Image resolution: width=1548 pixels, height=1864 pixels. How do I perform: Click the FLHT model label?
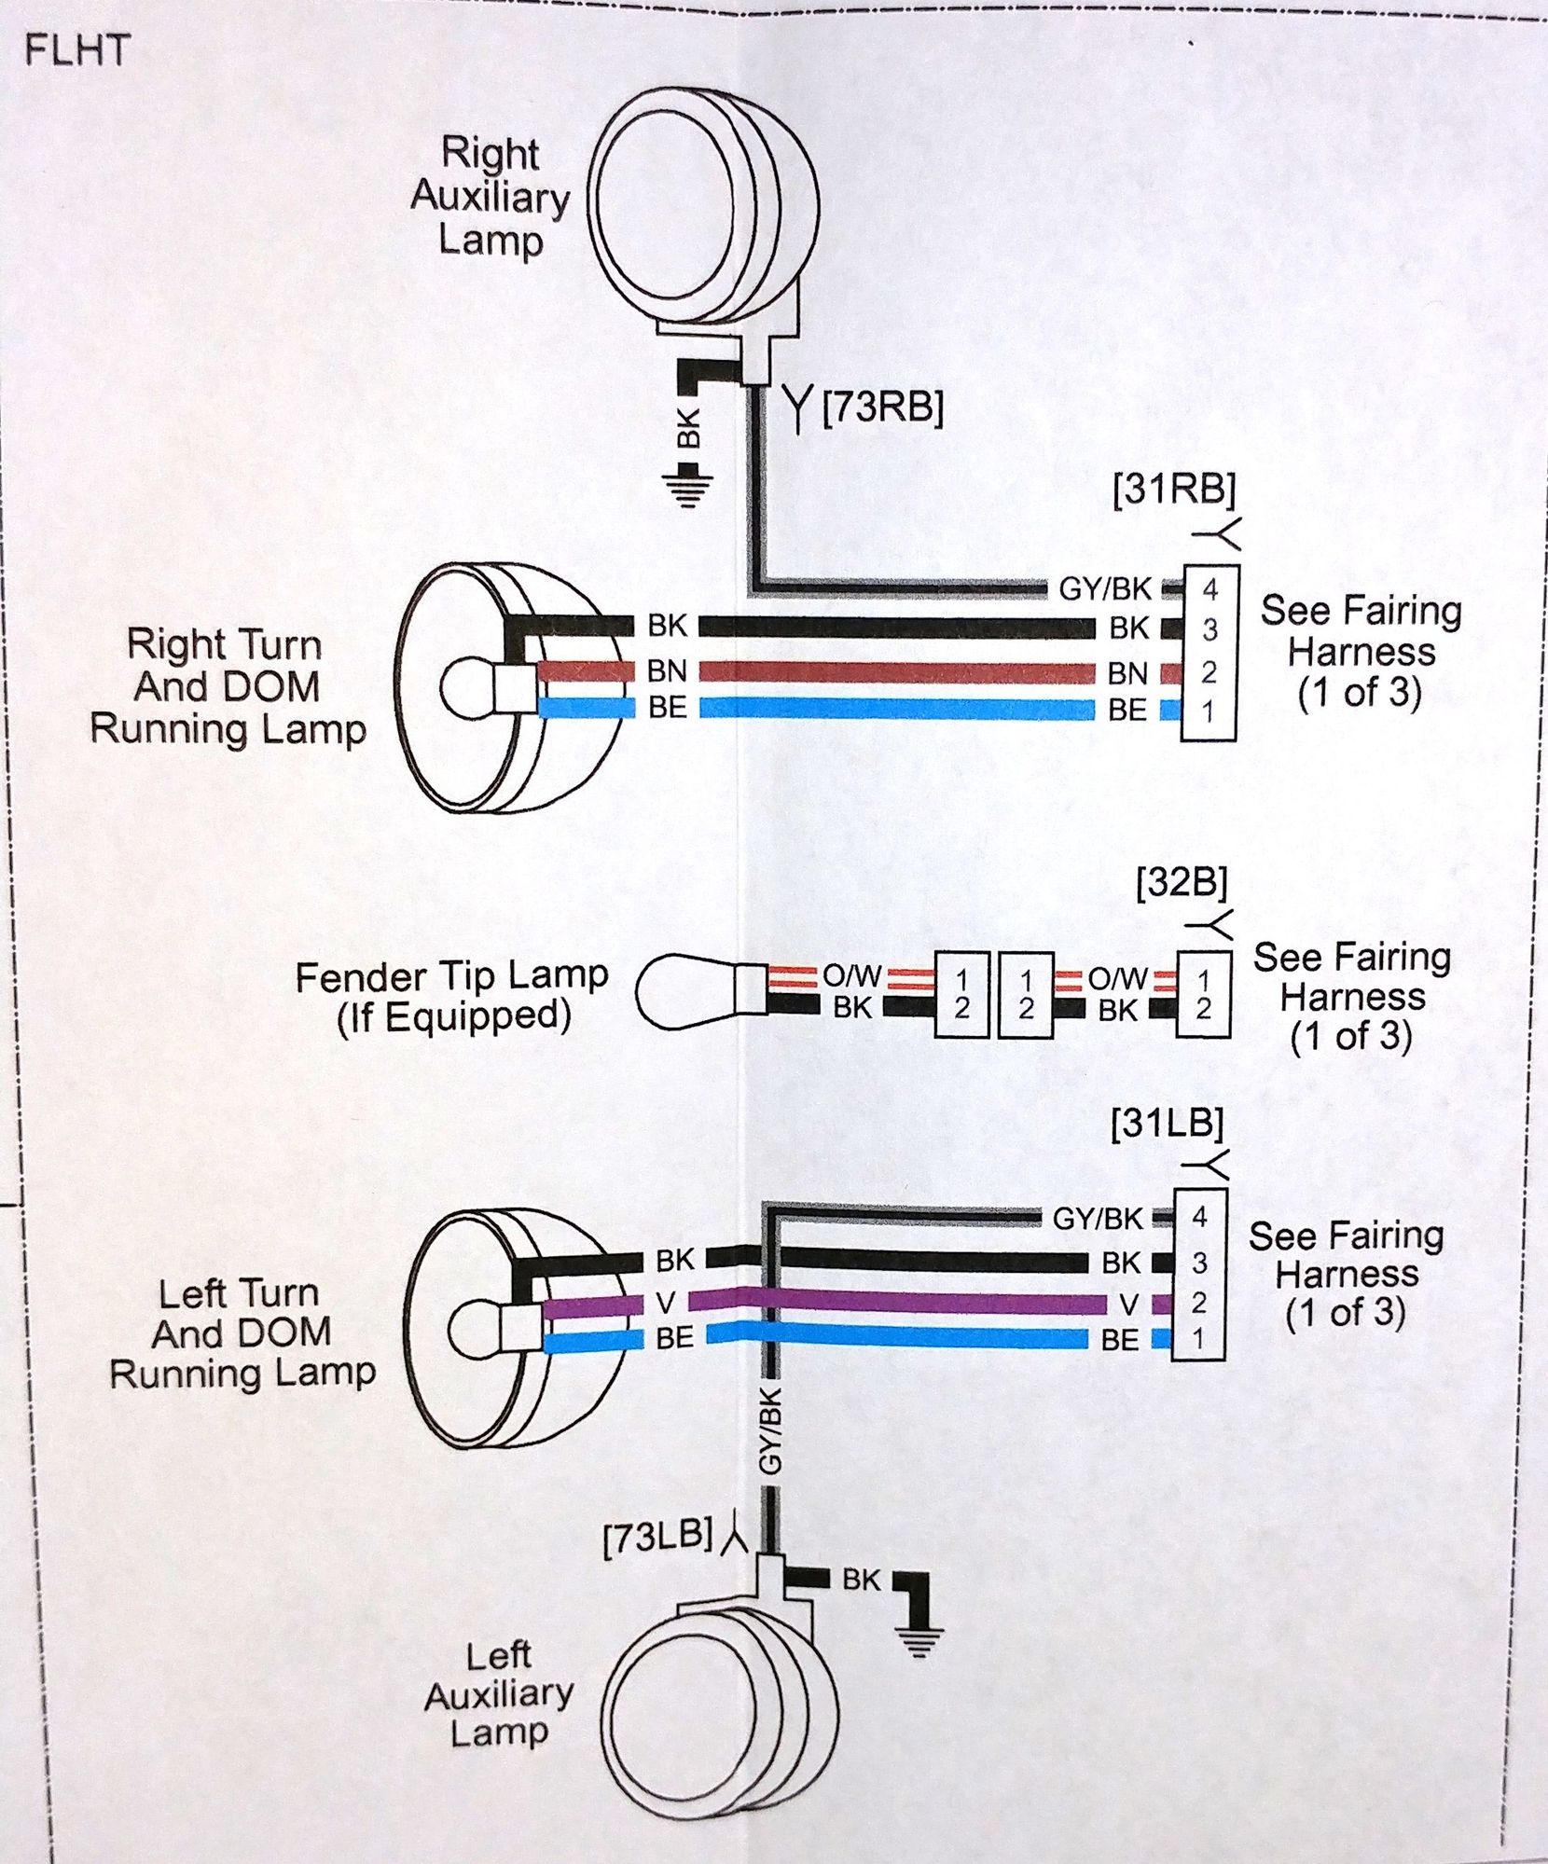click(76, 49)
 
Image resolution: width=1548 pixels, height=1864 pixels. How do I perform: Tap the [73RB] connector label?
click(882, 407)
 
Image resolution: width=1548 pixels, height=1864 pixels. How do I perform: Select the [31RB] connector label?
click(1174, 490)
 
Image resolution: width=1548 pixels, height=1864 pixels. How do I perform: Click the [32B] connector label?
click(1182, 883)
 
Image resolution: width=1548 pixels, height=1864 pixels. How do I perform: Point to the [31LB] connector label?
click(1167, 1124)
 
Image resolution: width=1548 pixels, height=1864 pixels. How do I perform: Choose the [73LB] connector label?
click(657, 1538)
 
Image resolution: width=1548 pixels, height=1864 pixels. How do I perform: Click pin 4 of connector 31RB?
click(1209, 589)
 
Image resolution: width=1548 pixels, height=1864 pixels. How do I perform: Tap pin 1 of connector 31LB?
click(1198, 1340)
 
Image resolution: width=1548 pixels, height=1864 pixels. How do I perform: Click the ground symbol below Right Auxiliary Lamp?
click(687, 488)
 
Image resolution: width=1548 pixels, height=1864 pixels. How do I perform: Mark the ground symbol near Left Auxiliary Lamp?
click(919, 1638)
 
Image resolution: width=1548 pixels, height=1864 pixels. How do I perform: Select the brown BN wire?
click(895, 672)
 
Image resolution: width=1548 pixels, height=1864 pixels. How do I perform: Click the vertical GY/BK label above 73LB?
click(770, 1432)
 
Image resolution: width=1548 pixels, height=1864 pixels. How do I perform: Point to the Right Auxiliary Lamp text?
click(490, 197)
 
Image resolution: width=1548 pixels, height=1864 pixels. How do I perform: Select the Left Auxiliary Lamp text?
click(498, 1695)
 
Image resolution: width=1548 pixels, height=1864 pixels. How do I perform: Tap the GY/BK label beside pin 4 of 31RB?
click(1105, 589)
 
